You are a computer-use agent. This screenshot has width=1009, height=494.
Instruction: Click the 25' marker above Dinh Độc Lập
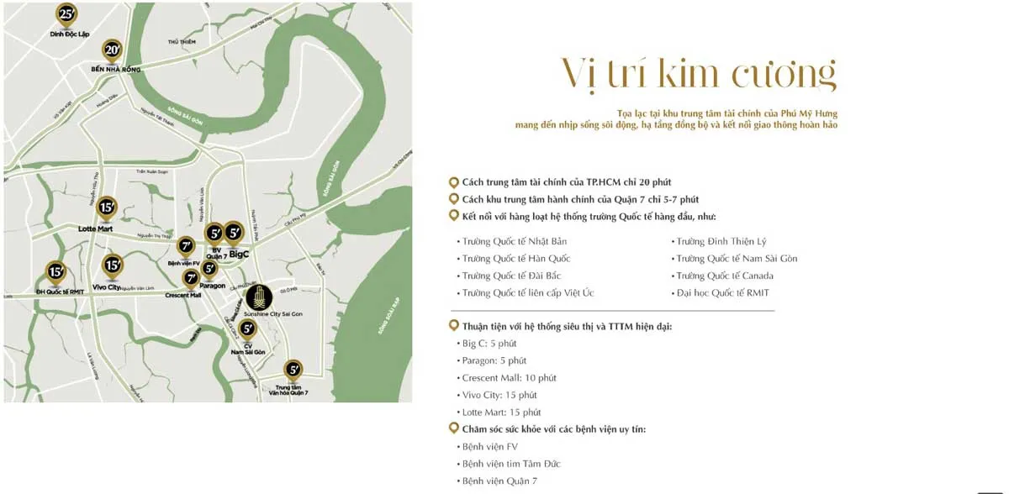pyautogui.click(x=66, y=13)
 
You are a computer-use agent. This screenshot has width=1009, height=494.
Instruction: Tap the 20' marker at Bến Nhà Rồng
pyautogui.click(x=112, y=50)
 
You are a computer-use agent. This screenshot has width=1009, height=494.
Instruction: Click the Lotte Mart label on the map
pyautogui.click(x=95, y=229)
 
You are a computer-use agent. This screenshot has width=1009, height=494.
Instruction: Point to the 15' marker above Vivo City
pyautogui.click(x=112, y=266)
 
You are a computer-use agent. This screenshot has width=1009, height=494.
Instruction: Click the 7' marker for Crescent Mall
pyautogui.click(x=191, y=276)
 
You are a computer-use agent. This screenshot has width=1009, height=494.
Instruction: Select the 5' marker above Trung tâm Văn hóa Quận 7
pyautogui.click(x=293, y=369)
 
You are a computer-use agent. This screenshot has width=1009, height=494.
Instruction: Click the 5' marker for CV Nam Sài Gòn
pyautogui.click(x=247, y=329)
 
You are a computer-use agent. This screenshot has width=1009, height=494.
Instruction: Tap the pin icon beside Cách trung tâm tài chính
pyautogui.click(x=454, y=182)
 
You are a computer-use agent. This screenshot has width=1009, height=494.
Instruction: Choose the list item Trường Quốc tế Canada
pyautogui.click(x=724, y=276)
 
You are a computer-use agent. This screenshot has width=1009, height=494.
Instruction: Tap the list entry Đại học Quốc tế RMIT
pyautogui.click(x=722, y=293)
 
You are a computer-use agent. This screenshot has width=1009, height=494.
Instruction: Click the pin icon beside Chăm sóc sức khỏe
pyautogui.click(x=454, y=429)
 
